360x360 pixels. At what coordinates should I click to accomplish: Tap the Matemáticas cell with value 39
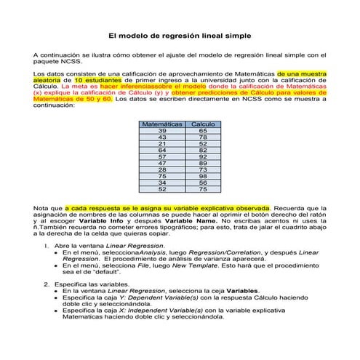pos(162,131)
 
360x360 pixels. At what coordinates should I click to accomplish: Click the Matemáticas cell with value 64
pos(162,150)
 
